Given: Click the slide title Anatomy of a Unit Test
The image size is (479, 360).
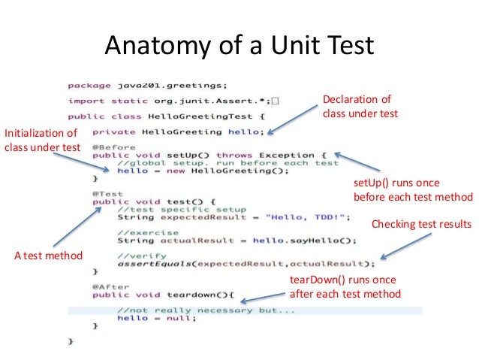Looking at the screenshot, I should tap(239, 47).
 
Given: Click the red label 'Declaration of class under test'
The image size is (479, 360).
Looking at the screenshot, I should tap(360, 107).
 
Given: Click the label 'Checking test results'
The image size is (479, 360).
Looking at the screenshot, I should tap(421, 224).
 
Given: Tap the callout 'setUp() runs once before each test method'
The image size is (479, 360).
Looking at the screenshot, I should tap(412, 190).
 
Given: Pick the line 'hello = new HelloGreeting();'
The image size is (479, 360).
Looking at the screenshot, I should tap(203, 171).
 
